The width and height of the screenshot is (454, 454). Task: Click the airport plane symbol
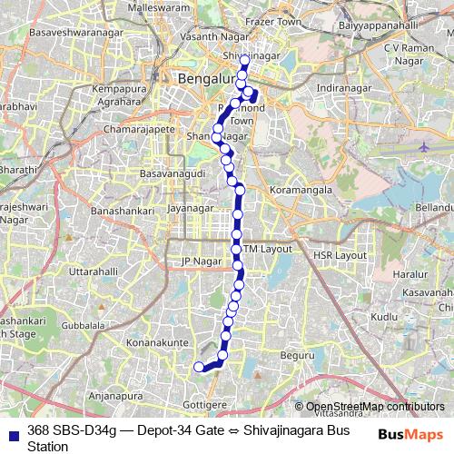coord(426,145)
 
